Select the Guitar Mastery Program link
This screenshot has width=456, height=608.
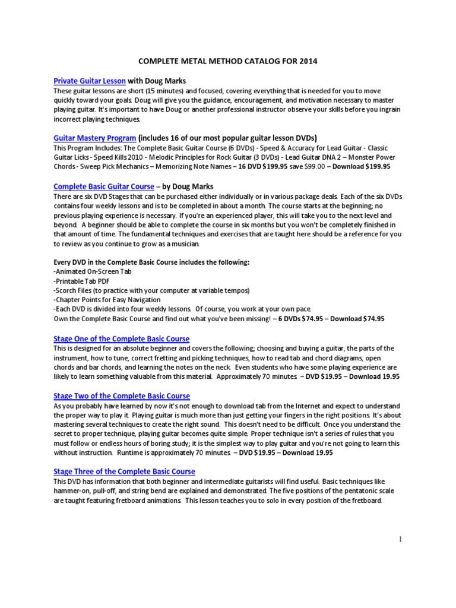coord(94,138)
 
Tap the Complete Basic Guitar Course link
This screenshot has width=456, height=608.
coord(104,186)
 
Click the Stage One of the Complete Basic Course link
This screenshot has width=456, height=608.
coord(121,338)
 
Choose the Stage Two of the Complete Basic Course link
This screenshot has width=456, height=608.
coord(121,395)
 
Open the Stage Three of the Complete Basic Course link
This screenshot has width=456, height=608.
coord(124,471)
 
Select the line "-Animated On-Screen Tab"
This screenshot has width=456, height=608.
coord(92,271)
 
